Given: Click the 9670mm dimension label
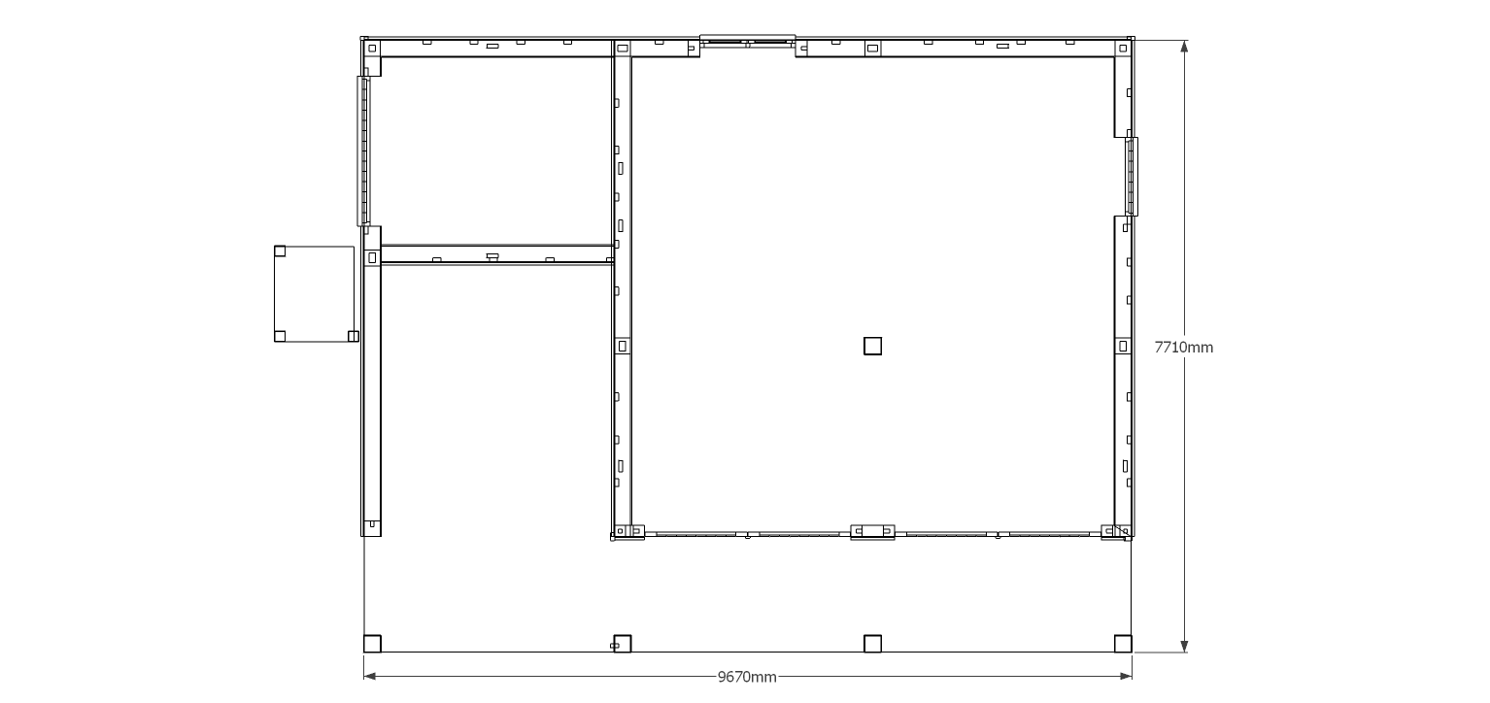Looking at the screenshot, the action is pyautogui.click(x=747, y=677).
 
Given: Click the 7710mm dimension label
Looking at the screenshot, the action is pyautogui.click(x=1183, y=348).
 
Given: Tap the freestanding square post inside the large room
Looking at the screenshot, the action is pyautogui.click(x=872, y=346).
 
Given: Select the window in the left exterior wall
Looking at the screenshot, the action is pyautogui.click(x=363, y=151).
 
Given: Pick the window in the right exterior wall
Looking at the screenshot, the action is pyautogui.click(x=1132, y=177).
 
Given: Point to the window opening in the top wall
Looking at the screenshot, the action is pyautogui.click(x=748, y=41).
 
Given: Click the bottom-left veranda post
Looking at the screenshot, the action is pyautogui.click(x=373, y=644).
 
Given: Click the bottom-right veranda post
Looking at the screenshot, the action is pyautogui.click(x=1123, y=644).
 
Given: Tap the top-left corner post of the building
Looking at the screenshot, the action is pyautogui.click(x=372, y=48).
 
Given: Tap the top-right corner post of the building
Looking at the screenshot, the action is pyautogui.click(x=1123, y=48).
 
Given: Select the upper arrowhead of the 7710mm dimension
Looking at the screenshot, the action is pyautogui.click(x=1184, y=46).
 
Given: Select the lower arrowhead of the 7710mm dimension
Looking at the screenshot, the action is pyautogui.click(x=1184, y=646).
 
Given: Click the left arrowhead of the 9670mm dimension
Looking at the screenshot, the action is pyautogui.click(x=370, y=677).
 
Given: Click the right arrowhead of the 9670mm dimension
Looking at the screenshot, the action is pyautogui.click(x=1126, y=677).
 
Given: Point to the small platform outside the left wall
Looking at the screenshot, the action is pyautogui.click(x=315, y=294).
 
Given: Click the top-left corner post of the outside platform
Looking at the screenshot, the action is pyautogui.click(x=280, y=251).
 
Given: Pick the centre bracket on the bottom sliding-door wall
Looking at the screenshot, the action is pyautogui.click(x=872, y=531).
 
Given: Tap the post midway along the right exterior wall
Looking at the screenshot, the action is pyautogui.click(x=1123, y=346).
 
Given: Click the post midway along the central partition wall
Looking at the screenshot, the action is pyautogui.click(x=622, y=346).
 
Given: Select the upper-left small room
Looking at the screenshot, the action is pyautogui.click(x=496, y=151).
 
